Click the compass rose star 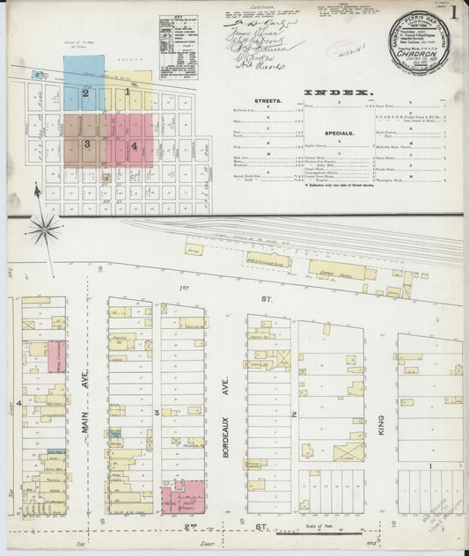point(43,229)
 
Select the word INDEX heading point(338,92)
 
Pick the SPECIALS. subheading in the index point(338,133)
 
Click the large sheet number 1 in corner point(453,13)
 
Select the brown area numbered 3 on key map point(84,141)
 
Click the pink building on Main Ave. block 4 point(55,356)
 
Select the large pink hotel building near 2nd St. point(184,496)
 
